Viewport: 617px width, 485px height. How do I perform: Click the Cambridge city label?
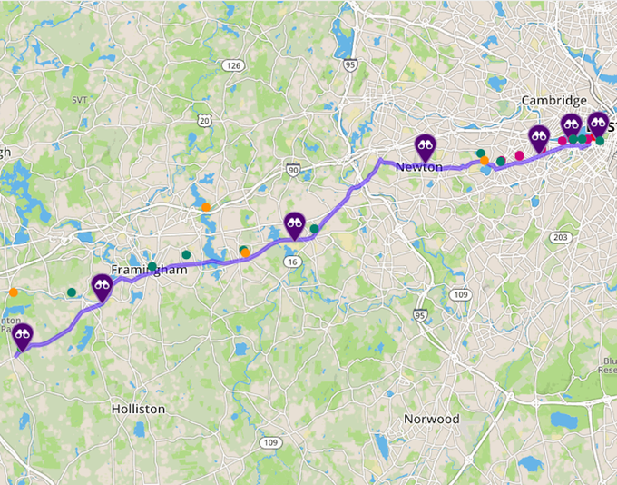click(553, 101)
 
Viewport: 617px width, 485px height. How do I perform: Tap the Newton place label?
click(419, 167)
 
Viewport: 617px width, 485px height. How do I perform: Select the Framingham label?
click(149, 271)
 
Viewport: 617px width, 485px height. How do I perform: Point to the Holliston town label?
click(139, 409)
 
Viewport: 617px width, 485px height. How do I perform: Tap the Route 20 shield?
click(206, 121)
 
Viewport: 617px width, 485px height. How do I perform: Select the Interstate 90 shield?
click(292, 169)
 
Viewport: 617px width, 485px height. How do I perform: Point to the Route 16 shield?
click(292, 262)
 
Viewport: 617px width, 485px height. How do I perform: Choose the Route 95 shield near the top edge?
click(350, 66)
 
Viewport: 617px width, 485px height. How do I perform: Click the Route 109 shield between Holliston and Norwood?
click(269, 442)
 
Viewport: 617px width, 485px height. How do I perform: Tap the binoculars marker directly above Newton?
click(426, 144)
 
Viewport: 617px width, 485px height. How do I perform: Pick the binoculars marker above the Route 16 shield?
click(295, 222)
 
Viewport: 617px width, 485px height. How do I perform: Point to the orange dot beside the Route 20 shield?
click(206, 207)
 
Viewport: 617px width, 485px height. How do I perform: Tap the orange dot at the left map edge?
click(13, 292)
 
